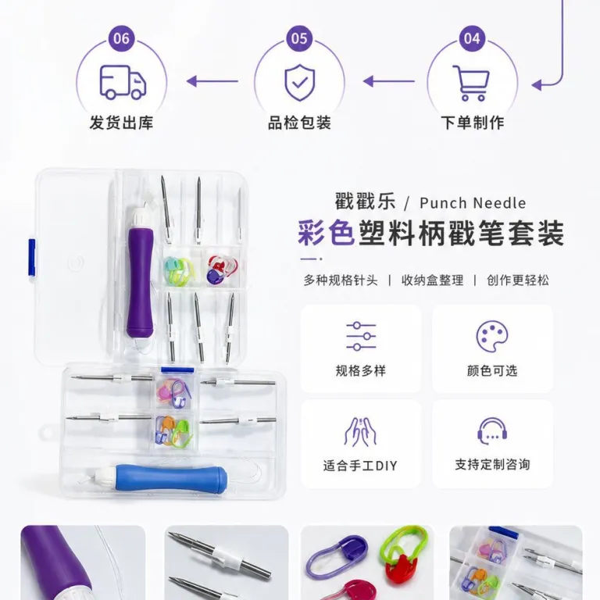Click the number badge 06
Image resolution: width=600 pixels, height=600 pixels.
pos(121,38)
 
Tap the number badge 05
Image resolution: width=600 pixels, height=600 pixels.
pos(299,38)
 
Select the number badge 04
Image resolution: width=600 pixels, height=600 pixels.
pos(472,38)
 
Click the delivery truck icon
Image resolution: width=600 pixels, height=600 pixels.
pos(123,82)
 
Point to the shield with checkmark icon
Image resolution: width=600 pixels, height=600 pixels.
pos(300,83)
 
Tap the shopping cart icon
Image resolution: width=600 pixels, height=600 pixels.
pos(471,83)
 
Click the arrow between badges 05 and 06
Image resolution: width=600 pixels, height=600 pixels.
pos(212,81)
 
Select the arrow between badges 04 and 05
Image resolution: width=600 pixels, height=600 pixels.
pos(389,81)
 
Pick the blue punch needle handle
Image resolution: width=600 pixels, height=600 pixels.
pos(171,478)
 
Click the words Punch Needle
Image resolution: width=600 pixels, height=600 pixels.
pos(473,203)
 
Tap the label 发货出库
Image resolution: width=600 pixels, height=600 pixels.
pos(121,123)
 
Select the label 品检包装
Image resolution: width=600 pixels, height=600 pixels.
pos(299,123)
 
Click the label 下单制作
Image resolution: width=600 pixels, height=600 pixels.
pos(472,123)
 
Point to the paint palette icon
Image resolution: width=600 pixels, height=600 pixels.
pos(492,336)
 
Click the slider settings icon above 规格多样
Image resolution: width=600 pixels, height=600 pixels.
pos(361,337)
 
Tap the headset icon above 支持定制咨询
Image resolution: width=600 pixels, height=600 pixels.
pos(492,431)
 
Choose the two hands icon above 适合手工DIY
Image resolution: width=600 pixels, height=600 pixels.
pos(360,431)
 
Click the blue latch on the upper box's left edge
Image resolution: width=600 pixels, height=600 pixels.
pos(32,258)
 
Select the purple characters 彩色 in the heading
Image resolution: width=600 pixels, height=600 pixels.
pos(327,233)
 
